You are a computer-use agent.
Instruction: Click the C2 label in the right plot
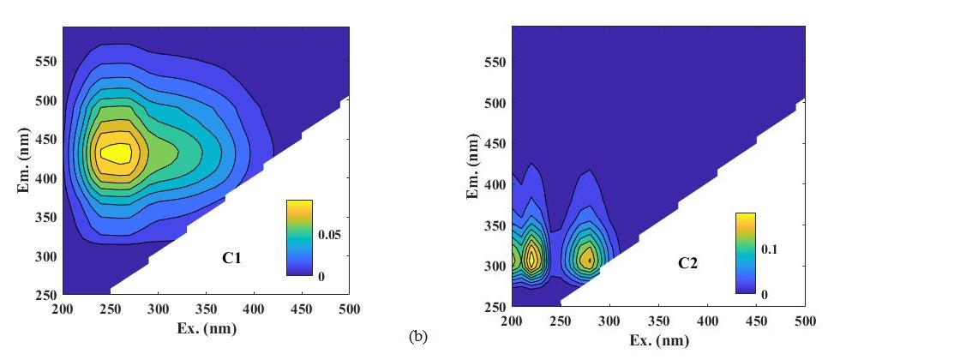(687, 263)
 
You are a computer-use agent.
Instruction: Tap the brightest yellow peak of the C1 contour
(117, 153)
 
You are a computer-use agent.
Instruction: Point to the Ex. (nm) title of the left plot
(206, 328)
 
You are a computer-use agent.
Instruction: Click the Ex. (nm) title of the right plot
(657, 340)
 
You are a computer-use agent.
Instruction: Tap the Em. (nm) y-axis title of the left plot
(25, 160)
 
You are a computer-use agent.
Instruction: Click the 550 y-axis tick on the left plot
(45, 62)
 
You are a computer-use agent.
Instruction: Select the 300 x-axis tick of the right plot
(609, 321)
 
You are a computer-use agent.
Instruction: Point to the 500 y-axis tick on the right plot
(494, 103)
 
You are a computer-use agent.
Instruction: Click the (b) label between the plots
(417, 337)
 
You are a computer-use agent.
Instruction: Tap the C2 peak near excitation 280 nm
(588, 259)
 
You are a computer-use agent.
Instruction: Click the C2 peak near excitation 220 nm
(532, 257)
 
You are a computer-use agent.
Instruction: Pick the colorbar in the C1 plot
(299, 237)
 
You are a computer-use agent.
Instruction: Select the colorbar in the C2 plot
(745, 253)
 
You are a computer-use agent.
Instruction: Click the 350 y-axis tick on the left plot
(45, 218)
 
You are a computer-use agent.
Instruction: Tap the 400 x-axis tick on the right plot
(707, 321)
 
